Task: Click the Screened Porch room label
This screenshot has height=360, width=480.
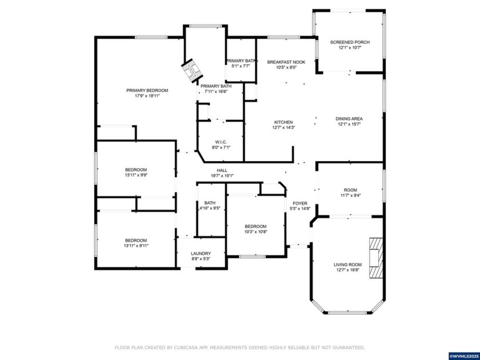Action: (350, 42)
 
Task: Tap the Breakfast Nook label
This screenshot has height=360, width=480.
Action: (286, 62)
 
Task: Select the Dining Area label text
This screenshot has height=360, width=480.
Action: (349, 119)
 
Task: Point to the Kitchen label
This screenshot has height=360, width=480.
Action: (283, 122)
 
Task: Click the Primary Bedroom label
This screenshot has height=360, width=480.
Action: (147, 90)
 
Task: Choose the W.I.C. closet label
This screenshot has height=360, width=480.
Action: (221, 142)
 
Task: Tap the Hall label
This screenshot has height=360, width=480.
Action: (222, 170)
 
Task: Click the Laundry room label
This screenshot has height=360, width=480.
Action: (201, 254)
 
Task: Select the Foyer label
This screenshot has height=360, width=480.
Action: (300, 203)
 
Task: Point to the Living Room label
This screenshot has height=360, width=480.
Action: (347, 265)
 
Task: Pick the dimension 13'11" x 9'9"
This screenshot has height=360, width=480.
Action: (136, 175)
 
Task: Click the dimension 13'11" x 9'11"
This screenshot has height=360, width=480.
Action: (136, 246)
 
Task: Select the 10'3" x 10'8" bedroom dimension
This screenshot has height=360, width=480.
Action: (255, 232)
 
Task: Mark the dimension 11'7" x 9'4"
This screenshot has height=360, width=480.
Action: (350, 196)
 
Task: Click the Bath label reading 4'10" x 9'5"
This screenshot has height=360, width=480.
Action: (210, 209)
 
